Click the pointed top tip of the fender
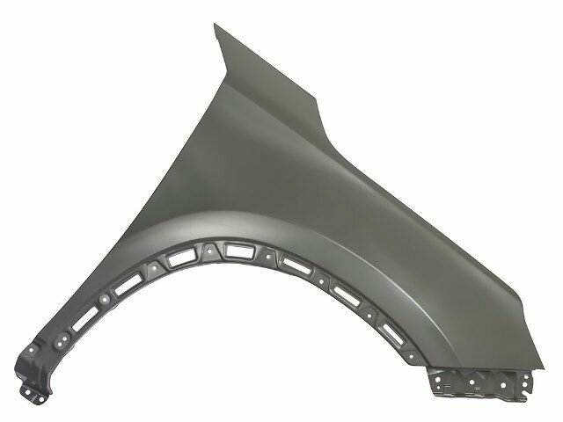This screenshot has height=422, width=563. tap(216, 26)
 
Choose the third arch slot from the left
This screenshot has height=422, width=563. tap(182, 260)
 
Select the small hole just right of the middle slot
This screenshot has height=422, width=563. tap(264, 254)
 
